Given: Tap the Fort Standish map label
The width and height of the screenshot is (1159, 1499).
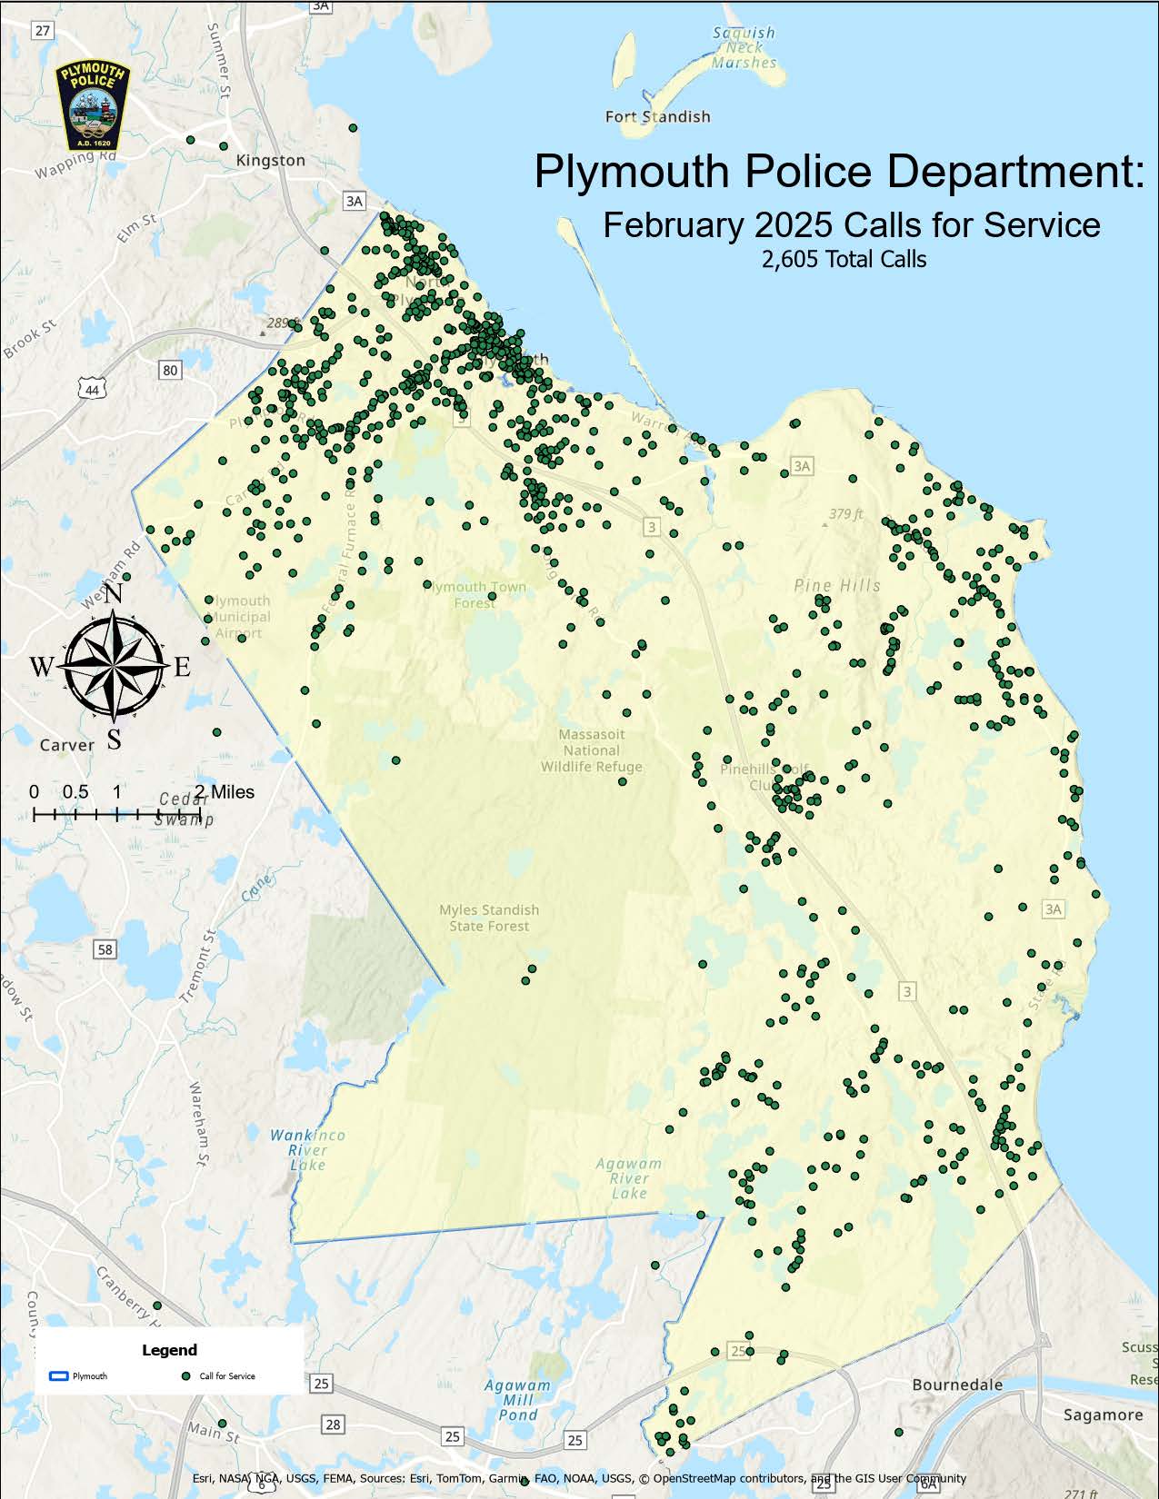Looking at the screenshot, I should pyautogui.click(x=657, y=116).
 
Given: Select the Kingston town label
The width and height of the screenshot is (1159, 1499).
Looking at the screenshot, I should pyautogui.click(x=270, y=160).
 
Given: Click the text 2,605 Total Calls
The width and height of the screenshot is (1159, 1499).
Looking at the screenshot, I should pyautogui.click(x=844, y=259).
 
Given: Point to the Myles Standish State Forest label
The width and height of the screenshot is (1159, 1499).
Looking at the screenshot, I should pyautogui.click(x=488, y=918).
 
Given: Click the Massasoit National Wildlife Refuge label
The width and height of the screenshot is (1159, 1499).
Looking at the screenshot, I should pyautogui.click(x=591, y=750).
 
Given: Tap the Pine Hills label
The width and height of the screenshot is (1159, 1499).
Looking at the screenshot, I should pyautogui.click(x=836, y=585).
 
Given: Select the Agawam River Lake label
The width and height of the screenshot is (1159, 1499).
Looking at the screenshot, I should pyautogui.click(x=629, y=1177).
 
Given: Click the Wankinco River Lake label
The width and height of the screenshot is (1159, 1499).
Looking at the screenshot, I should pyautogui.click(x=307, y=1149).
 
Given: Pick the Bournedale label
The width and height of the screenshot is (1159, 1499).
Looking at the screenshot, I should pyautogui.click(x=957, y=1385).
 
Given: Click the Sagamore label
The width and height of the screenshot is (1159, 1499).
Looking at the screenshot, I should pyautogui.click(x=1103, y=1415).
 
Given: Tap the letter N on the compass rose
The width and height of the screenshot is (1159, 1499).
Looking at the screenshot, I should pyautogui.click(x=115, y=595).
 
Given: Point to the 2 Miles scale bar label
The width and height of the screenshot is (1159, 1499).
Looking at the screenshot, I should pyautogui.click(x=225, y=792).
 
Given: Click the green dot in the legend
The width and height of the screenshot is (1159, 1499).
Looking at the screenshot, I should pyautogui.click(x=185, y=1376).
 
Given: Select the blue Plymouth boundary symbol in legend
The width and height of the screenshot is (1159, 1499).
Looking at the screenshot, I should pyautogui.click(x=57, y=1376).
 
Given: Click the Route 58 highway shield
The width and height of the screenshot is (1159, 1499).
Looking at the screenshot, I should pyautogui.click(x=105, y=949).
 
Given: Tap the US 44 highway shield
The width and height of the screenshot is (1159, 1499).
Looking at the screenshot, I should pyautogui.click(x=92, y=389).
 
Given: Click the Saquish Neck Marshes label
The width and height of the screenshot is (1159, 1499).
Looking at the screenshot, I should pyautogui.click(x=744, y=47).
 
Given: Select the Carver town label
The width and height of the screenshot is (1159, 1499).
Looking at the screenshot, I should pyautogui.click(x=66, y=745).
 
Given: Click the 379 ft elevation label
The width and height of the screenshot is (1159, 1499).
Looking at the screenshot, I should pyautogui.click(x=845, y=514).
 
